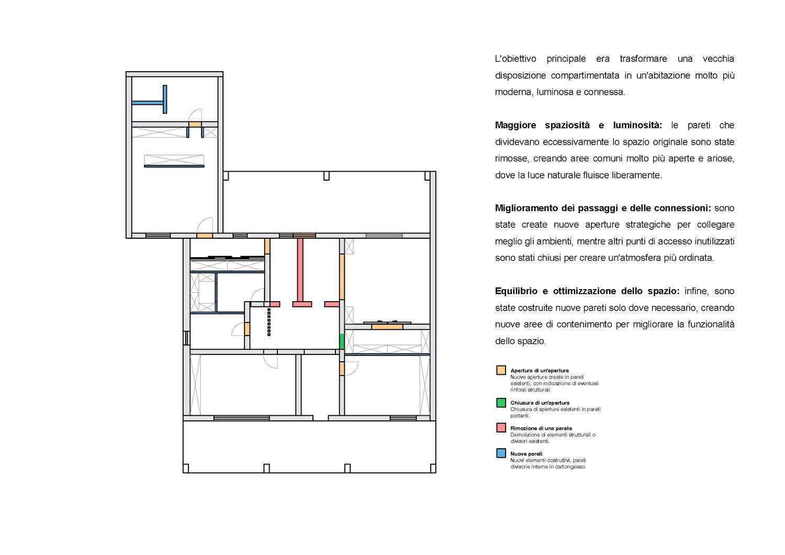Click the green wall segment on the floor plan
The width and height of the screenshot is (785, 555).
point(342,341)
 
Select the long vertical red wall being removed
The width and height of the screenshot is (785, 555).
point(300,270)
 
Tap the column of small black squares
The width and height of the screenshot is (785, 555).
point(269,322)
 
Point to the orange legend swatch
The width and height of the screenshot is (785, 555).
point(501,370)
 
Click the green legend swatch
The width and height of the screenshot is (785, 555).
point(501,403)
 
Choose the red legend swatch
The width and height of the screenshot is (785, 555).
point(501,428)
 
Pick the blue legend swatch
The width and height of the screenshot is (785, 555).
point(501,453)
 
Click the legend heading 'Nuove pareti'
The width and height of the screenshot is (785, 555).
point(526,453)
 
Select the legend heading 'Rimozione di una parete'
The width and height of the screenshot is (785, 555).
point(541,428)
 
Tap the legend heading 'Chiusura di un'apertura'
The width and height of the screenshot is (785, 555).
point(540,403)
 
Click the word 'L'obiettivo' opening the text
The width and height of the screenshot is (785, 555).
point(515,59)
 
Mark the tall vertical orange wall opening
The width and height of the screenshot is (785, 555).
point(342,277)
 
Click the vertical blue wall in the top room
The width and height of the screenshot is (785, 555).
point(165,99)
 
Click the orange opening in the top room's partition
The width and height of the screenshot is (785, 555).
point(195,125)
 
